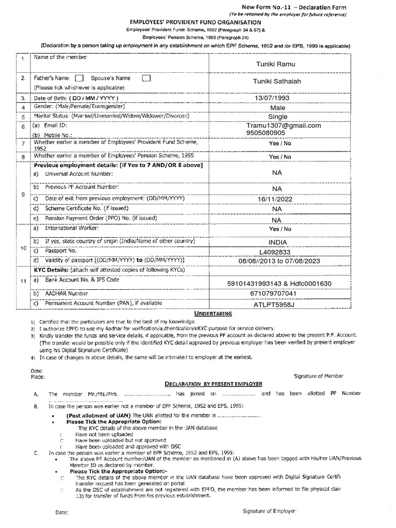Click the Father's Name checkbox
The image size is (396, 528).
point(79,78)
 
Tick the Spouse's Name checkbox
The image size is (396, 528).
point(146,78)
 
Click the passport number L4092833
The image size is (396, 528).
point(277,252)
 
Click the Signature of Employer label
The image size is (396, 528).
point(269,510)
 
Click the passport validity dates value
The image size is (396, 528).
point(279,261)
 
